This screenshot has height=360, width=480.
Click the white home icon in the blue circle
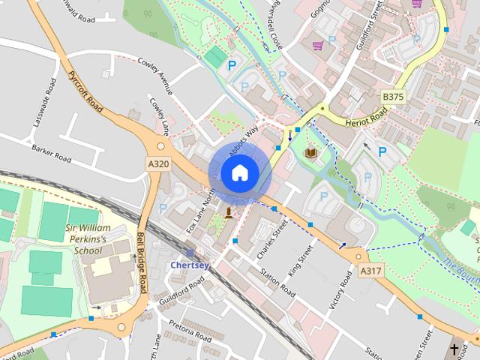click(240, 173)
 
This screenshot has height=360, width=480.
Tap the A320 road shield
click(158, 163)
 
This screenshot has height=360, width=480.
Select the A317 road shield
click(369, 271)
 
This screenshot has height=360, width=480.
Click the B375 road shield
click(393, 97)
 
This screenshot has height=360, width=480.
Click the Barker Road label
click(52, 154)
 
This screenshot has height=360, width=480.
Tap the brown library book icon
click(310, 153)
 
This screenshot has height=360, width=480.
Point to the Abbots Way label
click(244, 136)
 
